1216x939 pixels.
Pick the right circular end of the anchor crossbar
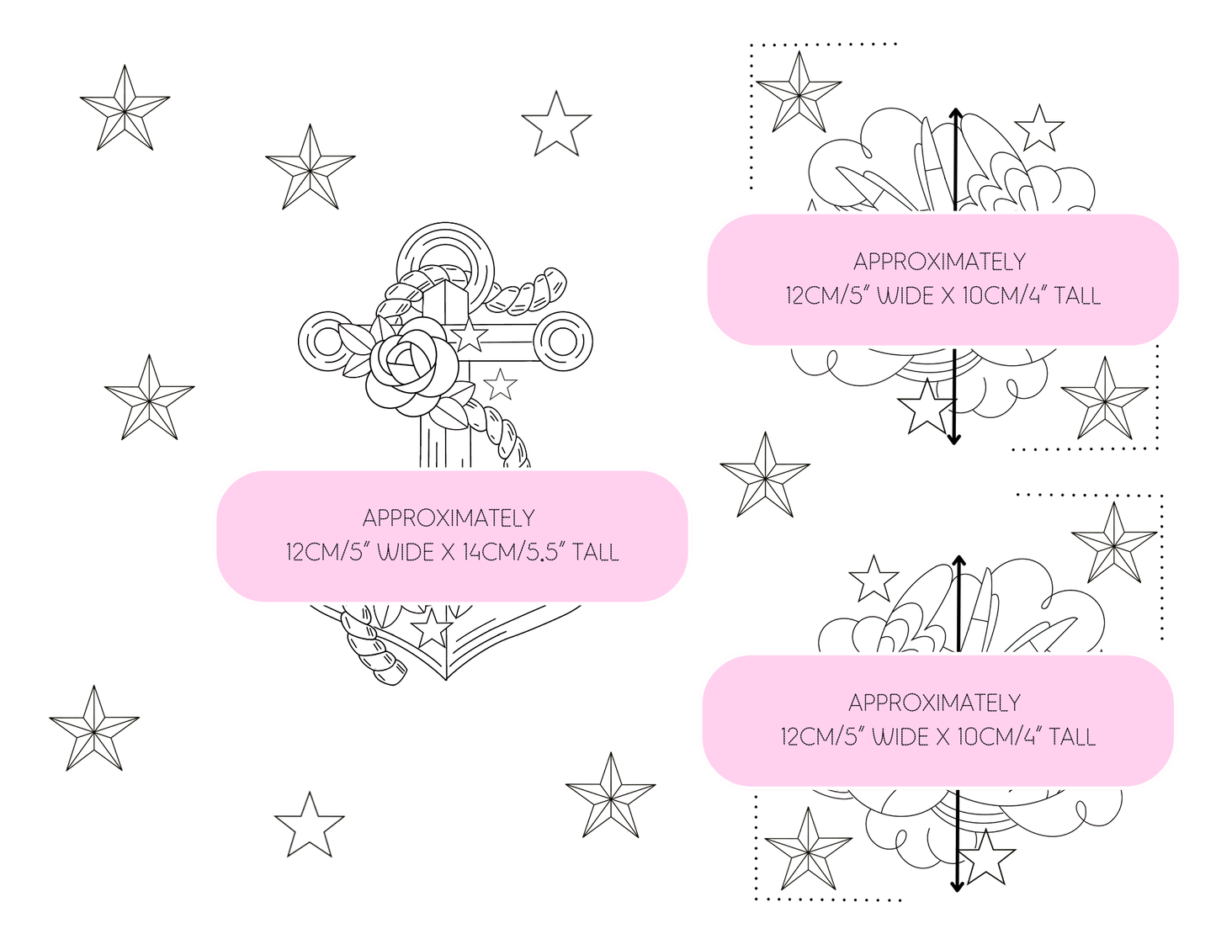[561, 342]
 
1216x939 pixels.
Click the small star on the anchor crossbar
[469, 336]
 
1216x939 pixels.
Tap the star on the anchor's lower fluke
[431, 628]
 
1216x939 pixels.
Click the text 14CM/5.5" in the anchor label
[513, 552]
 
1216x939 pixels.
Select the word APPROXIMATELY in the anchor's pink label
[449, 517]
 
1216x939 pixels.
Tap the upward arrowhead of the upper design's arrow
[955, 114]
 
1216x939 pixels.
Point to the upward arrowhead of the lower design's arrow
[959, 560]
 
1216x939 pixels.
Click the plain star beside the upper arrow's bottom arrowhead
[925, 407]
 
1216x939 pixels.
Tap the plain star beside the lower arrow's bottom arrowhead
[987, 858]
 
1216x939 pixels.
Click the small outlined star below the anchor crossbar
[500, 385]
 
